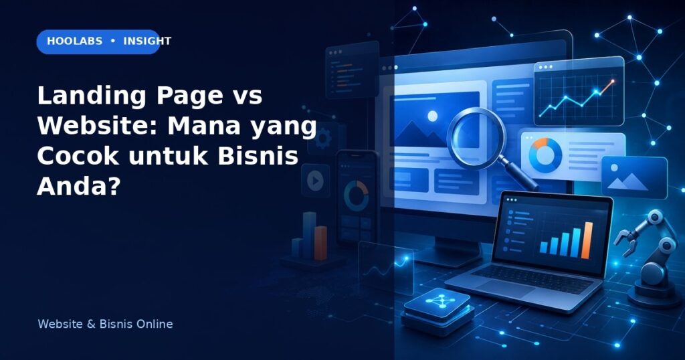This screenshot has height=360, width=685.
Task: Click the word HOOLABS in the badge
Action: pos(75,41)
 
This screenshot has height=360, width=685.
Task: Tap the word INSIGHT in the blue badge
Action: pos(147,41)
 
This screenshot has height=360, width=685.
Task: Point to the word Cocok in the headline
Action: pos(78,156)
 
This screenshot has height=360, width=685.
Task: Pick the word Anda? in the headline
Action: pos(78,186)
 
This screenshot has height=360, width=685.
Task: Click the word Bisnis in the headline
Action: pos(258,156)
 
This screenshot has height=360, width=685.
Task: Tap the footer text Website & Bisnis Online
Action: pos(105,324)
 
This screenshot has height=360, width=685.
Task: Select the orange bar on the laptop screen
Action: pos(588,240)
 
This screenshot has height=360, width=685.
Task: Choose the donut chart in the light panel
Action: pos(545,155)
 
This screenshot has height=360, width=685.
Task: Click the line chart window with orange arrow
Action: pos(579,92)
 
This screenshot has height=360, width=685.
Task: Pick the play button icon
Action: pos(315,181)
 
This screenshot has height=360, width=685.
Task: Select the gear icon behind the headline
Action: pos(323,140)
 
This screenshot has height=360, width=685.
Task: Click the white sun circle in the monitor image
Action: pos(433,116)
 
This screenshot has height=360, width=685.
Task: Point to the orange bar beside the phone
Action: pos(320,242)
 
